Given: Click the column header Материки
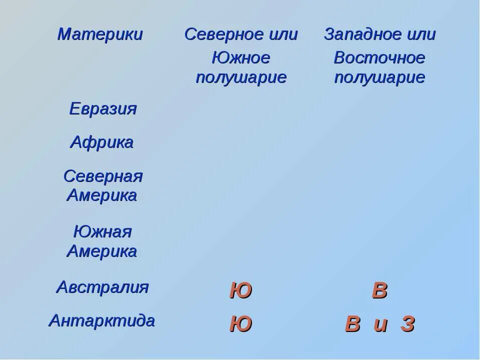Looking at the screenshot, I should coord(100,34).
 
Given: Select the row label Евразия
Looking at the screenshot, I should coord(102,108).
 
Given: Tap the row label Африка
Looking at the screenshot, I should coord(102,142).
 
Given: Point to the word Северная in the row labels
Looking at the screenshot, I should coord(103,176).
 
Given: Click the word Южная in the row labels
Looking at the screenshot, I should coord(102,232).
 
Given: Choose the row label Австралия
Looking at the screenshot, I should coord(102,287).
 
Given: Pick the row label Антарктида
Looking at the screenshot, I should coord(101,320).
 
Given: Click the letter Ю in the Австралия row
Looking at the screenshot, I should coord(240,290).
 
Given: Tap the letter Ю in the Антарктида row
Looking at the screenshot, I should coord(240,324).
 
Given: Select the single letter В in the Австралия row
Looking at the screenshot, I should coord(379,290).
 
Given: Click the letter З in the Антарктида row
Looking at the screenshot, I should coord(407,324).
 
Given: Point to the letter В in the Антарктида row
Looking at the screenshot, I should coord(352,324).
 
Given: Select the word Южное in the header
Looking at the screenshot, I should coord(241,58).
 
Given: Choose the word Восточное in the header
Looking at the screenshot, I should coord(379,58).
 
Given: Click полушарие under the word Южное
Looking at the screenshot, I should coord(241,78).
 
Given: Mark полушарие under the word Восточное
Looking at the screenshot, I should coord(379,78).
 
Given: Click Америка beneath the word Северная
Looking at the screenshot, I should coord(102,195).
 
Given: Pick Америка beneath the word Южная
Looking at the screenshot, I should coord(102,251).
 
